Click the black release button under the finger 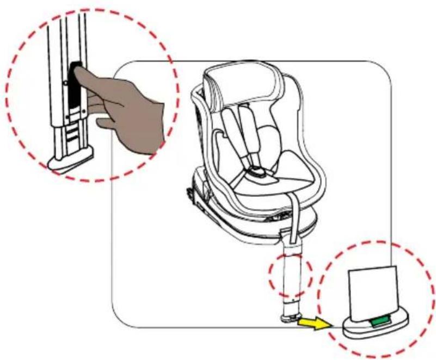(x=75, y=87)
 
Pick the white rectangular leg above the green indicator (x=372, y=294)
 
